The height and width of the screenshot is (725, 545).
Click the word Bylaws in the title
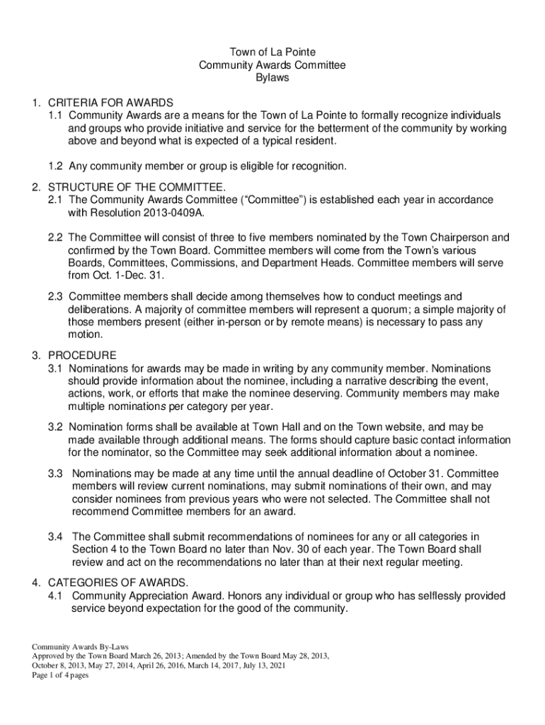tap(272, 78)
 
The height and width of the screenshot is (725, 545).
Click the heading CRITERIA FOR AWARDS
tap(110, 103)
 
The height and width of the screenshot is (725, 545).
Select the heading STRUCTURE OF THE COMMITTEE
tap(137, 188)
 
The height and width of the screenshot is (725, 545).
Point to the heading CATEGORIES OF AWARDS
tap(118, 583)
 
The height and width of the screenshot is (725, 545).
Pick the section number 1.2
tap(56, 166)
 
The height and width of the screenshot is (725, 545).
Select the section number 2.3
tap(56, 297)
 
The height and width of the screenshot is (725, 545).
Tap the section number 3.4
tap(56, 537)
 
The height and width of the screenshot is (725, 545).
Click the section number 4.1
tap(56, 595)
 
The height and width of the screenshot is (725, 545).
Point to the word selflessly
tap(432, 595)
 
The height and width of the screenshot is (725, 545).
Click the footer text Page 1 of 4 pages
tap(60, 675)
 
